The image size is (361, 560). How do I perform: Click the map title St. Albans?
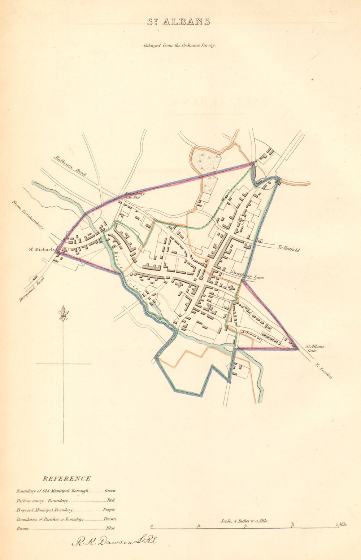[x=178, y=22]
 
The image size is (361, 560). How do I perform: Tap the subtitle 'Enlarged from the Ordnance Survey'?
[x=179, y=46]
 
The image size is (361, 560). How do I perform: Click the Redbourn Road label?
[x=70, y=166]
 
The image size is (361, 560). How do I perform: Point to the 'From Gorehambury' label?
[x=28, y=215]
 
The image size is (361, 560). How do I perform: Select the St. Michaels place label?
[x=42, y=249]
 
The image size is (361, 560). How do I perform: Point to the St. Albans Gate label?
[x=315, y=348]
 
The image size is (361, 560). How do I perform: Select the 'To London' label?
[x=323, y=371]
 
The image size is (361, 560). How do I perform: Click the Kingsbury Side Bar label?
[x=135, y=195]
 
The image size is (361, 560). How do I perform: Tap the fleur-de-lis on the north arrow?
[x=64, y=313]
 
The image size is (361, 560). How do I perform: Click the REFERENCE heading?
[x=67, y=479]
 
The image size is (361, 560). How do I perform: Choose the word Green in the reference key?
[x=110, y=491]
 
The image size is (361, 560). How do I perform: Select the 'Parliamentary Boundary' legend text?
[x=42, y=501]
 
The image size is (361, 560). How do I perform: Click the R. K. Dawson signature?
[x=114, y=541]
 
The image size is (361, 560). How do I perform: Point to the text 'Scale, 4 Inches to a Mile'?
[x=245, y=521]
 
